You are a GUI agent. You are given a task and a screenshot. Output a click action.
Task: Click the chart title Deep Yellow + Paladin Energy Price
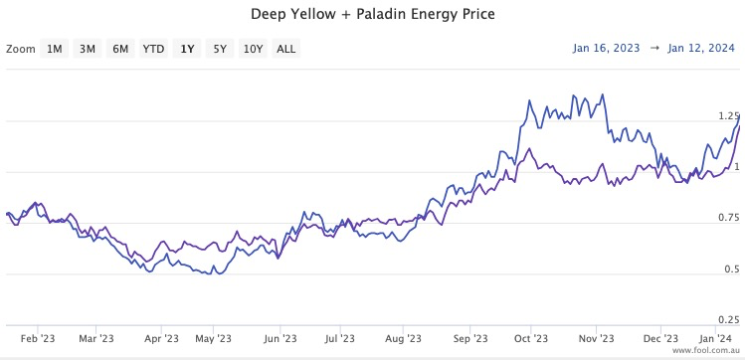(372, 15)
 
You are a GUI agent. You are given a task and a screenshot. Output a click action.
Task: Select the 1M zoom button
(55, 49)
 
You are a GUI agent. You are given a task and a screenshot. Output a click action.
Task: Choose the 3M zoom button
(88, 49)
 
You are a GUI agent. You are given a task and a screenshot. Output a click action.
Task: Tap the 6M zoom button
(120, 49)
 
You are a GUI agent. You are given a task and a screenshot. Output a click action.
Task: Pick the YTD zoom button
(153, 49)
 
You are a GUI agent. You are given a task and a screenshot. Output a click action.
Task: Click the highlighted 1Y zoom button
(186, 49)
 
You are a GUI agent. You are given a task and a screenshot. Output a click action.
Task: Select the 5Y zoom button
(219, 49)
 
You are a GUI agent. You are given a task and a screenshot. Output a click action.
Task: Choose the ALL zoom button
(285, 49)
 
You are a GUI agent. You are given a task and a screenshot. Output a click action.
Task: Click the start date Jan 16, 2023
(608, 48)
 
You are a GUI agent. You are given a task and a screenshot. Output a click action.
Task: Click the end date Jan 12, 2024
(702, 48)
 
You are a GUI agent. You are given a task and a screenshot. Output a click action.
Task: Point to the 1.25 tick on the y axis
(728, 116)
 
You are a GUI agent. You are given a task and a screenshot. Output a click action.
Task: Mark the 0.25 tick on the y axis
(728, 319)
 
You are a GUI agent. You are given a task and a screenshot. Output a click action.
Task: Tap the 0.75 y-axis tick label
(728, 218)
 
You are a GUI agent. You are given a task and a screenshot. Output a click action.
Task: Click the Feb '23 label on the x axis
(38, 338)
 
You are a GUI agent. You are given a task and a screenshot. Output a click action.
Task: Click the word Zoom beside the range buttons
(20, 49)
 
